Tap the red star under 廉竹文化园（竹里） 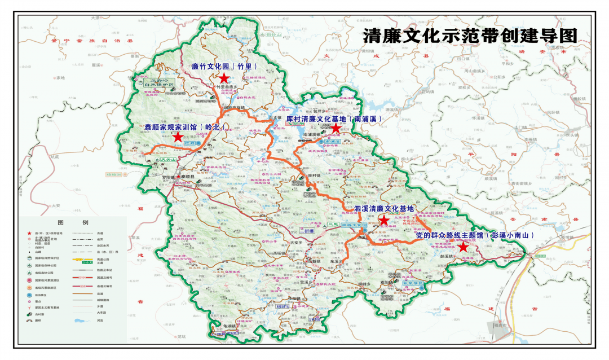[224, 78]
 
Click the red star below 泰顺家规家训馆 [178, 137]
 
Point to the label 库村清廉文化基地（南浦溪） [334, 119]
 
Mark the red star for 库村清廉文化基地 [336, 129]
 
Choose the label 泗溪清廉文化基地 [383, 209]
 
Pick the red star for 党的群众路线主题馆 [463, 247]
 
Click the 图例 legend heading [74, 222]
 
